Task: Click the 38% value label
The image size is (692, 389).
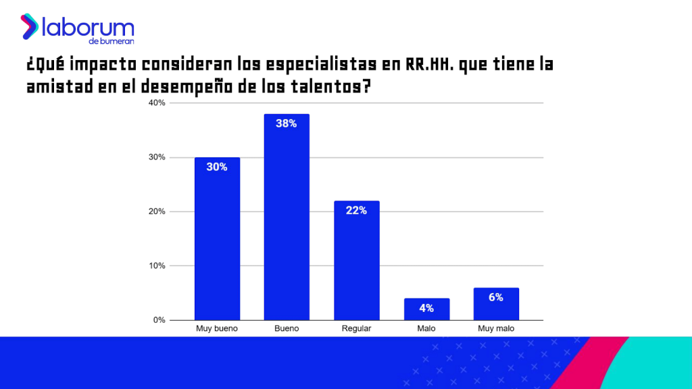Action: [287, 124]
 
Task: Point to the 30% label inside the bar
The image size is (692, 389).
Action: [217, 167]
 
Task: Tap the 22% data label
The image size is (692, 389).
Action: [357, 210]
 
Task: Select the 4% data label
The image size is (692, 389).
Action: [426, 308]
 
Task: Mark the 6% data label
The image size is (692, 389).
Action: [496, 297]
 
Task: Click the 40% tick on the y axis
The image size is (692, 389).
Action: [157, 103]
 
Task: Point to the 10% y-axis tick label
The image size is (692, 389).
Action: [157, 265]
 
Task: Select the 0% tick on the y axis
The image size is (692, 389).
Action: [159, 320]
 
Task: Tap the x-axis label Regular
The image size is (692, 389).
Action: [357, 329]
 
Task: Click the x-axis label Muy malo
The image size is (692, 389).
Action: [496, 329]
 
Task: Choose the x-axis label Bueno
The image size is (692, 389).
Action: [287, 329]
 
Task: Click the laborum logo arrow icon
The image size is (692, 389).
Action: [29, 26]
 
